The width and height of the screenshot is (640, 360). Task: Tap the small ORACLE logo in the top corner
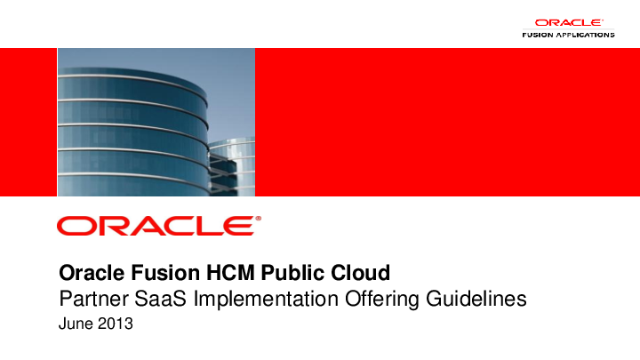(569, 23)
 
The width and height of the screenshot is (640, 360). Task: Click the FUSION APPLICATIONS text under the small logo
(567, 35)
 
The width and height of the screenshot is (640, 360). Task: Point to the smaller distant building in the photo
(233, 164)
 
